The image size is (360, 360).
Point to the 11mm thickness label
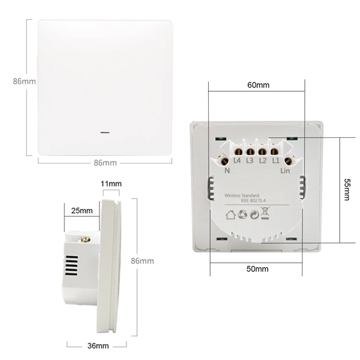click(x=111, y=184)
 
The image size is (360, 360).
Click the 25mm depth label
click(x=82, y=210)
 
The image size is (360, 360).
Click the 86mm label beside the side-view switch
click(x=142, y=261)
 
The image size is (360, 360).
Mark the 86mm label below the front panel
click(x=105, y=163)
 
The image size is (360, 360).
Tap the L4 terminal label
click(x=237, y=161)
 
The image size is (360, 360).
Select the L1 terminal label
click(x=275, y=161)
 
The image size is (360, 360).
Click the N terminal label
click(x=227, y=171)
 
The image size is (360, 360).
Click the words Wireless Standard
click(x=242, y=195)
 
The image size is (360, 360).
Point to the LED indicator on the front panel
click(x=105, y=133)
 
